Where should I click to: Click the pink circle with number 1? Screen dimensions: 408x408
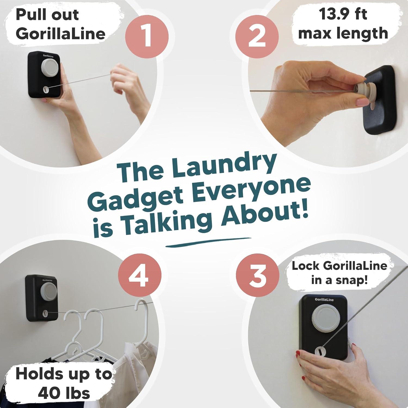(147, 37)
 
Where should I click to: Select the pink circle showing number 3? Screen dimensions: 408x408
(257, 275)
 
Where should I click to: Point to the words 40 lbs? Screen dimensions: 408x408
(64, 393)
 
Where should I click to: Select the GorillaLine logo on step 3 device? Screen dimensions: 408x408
(324, 299)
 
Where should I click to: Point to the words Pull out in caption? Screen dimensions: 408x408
(47, 14)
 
